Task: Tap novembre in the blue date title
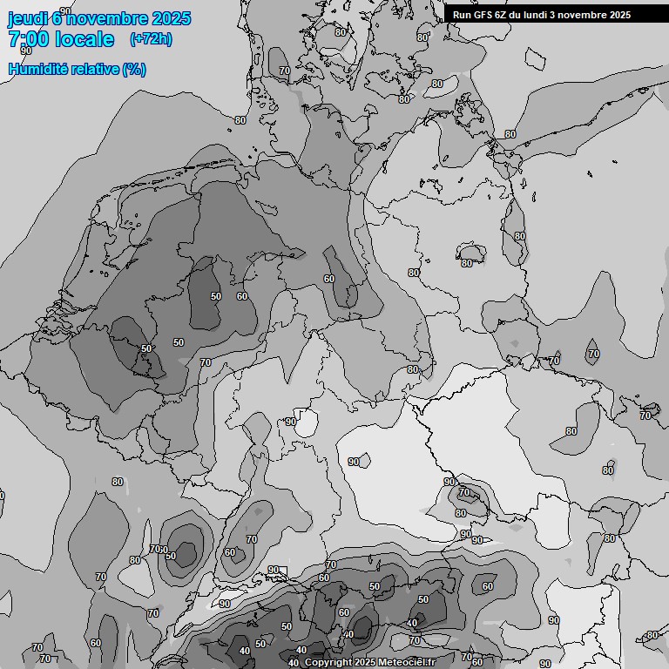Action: [106, 18]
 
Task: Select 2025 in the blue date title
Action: [171, 18]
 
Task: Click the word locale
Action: [84, 39]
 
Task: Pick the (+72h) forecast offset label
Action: [151, 39]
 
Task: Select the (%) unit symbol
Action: [134, 69]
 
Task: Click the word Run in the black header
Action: [462, 15]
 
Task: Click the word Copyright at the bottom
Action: [328, 663]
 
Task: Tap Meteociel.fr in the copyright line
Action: [407, 663]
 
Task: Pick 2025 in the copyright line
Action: [366, 663]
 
